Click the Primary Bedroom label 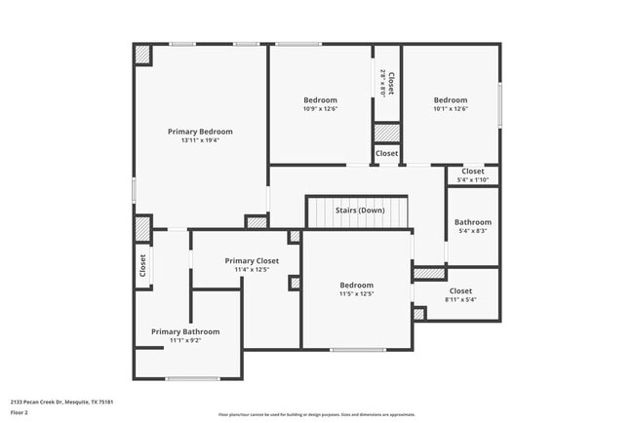click(x=200, y=132)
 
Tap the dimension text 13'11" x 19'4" click(x=200, y=140)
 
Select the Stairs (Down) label click(x=359, y=211)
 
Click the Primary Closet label click(x=252, y=260)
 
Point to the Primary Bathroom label click(x=185, y=331)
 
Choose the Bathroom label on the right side click(x=472, y=221)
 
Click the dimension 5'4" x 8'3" click(x=472, y=231)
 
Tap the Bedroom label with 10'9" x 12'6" click(x=320, y=100)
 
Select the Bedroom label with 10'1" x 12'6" click(x=451, y=100)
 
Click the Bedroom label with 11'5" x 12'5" click(x=357, y=285)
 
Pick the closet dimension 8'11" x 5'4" click(x=459, y=300)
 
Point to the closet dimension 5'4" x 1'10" click(x=472, y=180)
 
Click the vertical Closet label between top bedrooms click(x=389, y=83)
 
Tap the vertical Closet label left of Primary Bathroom click(x=142, y=265)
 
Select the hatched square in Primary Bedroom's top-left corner click(x=143, y=56)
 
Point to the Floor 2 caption click(x=20, y=413)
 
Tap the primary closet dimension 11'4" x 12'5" click(x=252, y=270)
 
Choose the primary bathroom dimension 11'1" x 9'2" click(x=185, y=340)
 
